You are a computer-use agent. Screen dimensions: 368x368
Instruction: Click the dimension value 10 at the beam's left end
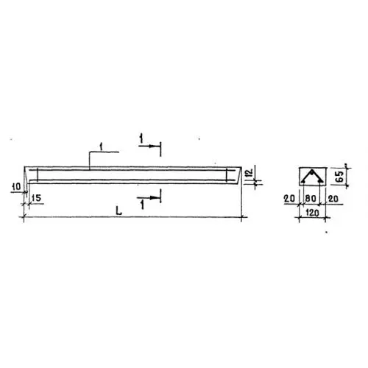coord(17,187)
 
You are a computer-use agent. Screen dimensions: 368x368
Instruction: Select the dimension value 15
coord(36,198)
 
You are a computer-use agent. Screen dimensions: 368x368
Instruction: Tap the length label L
coord(118,210)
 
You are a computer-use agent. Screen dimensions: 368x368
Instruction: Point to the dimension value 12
coord(250,173)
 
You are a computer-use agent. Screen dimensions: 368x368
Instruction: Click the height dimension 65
coord(340,177)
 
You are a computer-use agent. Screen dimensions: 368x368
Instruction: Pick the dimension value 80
coord(311,199)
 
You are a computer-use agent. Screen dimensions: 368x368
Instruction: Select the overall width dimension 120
coord(312,213)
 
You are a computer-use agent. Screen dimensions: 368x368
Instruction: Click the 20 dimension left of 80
coord(289,199)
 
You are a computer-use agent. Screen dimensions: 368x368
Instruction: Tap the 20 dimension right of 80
coord(333,199)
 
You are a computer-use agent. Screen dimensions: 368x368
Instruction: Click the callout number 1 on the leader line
coord(101,146)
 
